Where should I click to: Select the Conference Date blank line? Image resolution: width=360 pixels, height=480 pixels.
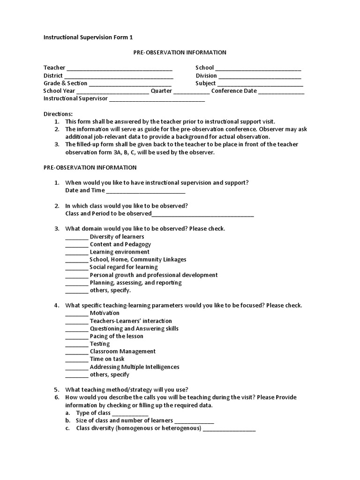[281, 92]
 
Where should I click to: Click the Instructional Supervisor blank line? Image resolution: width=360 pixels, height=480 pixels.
[157, 100]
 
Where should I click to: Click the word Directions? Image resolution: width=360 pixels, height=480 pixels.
[58, 114]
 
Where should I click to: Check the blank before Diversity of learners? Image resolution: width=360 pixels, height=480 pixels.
[76, 238]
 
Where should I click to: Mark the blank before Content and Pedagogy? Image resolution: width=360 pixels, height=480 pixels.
[76, 245]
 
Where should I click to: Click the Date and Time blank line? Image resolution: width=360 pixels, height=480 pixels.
[146, 192]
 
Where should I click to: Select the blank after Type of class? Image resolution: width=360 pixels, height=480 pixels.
[130, 414]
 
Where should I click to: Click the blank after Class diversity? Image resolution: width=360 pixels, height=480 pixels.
[229, 429]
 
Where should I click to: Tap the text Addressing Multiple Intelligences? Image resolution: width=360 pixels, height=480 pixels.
[135, 367]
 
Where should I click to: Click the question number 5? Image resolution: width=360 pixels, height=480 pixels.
[56, 390]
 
